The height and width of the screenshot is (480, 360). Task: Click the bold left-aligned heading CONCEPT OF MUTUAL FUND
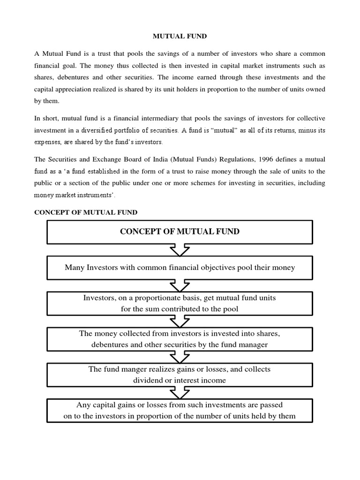point(86,212)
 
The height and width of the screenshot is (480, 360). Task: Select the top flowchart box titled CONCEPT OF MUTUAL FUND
point(180,232)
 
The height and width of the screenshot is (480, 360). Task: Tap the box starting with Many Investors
point(180,268)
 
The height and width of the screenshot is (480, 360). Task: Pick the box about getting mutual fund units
point(180,303)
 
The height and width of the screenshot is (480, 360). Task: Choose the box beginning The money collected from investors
point(180,338)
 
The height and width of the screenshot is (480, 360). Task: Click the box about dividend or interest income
point(180,375)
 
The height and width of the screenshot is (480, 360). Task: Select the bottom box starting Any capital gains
point(180,410)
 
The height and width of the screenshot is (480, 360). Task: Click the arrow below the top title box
point(180,250)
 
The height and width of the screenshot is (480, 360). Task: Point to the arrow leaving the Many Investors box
point(180,285)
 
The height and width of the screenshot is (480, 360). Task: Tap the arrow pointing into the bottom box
point(180,392)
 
